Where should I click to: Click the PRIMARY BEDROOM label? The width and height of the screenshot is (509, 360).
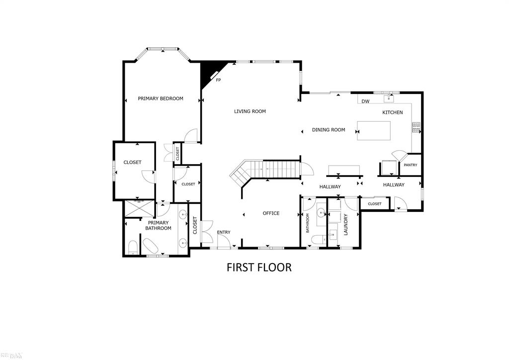point(160,98)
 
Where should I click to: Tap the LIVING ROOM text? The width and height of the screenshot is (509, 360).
point(250,111)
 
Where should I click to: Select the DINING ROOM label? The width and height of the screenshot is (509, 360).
point(328,130)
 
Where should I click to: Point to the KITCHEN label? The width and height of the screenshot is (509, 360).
point(392,112)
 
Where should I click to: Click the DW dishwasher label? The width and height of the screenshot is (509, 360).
point(365,101)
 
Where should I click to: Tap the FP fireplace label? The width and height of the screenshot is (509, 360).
point(218,80)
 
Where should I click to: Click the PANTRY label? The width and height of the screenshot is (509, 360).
point(410,165)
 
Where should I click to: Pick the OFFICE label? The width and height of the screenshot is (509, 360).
point(271,213)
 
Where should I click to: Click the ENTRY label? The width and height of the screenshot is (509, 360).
point(224,232)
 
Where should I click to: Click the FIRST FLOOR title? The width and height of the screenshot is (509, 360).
point(258,267)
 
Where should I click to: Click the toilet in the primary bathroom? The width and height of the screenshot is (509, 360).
point(133,248)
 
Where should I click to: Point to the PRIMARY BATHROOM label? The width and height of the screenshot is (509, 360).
point(158,225)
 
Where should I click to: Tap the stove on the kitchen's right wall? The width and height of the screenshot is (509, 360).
point(416,128)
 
